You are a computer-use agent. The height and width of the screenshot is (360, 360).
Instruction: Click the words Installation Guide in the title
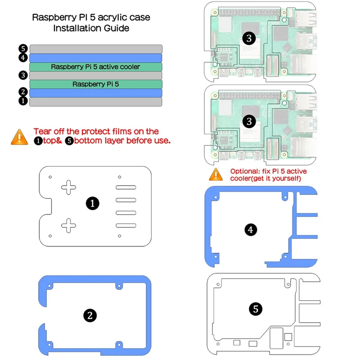point(91,28)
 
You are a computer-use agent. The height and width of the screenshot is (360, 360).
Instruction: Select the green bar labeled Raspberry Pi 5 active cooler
point(95,67)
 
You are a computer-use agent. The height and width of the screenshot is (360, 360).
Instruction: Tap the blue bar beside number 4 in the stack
point(95,58)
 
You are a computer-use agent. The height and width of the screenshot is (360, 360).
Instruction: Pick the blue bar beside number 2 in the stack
point(95,93)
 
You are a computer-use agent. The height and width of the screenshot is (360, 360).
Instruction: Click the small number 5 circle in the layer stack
point(23,49)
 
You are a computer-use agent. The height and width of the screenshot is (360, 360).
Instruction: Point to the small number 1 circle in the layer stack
point(23,101)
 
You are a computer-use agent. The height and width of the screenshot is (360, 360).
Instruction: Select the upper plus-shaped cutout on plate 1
point(69,187)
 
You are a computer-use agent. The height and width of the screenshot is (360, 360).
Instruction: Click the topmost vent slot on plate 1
point(126,187)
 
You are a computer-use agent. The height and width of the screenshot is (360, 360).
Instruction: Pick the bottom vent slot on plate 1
point(126,225)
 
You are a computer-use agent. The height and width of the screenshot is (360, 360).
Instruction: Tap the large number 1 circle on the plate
point(92,203)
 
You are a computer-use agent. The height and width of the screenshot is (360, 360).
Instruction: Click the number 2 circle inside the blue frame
point(90,315)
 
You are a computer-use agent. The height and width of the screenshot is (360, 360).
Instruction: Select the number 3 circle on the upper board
point(247,38)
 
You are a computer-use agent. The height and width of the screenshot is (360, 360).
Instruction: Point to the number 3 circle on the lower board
point(247,121)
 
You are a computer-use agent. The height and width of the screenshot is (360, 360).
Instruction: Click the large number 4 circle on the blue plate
point(251,230)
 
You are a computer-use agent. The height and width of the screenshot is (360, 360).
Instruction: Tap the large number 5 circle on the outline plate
point(256,309)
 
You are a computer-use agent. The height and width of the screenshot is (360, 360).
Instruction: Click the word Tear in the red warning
point(42,131)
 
